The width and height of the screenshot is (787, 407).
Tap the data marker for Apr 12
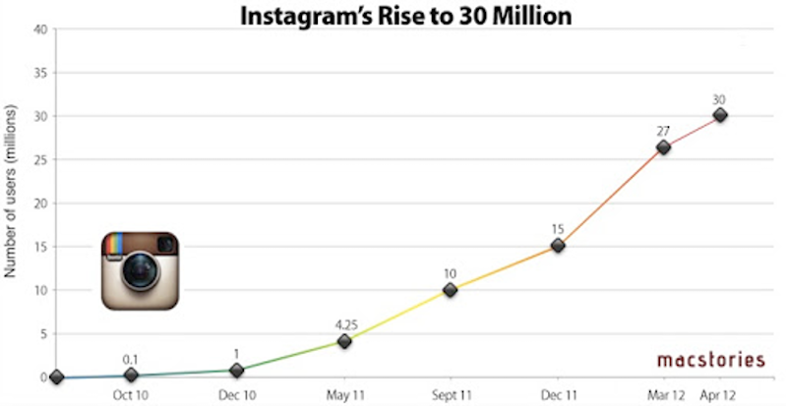pos(720,115)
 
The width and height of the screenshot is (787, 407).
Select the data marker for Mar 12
pos(664,147)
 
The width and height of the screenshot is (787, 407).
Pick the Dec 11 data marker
pos(558,245)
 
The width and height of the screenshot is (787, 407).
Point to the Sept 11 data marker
pos(450,290)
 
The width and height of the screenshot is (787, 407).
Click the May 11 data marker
pos(344,341)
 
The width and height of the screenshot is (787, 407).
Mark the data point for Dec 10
pos(237,370)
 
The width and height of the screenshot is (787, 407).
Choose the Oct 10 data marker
pos(131,376)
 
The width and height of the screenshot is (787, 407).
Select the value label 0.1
pos(129,359)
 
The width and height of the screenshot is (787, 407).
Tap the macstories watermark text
pos(710,360)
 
